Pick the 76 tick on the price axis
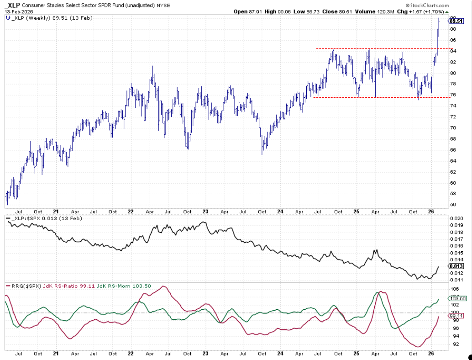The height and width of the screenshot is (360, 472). coord(452,95)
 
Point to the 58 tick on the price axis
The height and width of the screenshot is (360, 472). coord(452,194)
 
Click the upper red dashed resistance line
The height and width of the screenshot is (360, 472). coord(374,48)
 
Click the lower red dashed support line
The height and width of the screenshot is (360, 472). coord(374,97)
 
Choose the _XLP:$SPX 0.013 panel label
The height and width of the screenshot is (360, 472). coord(39,218)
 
